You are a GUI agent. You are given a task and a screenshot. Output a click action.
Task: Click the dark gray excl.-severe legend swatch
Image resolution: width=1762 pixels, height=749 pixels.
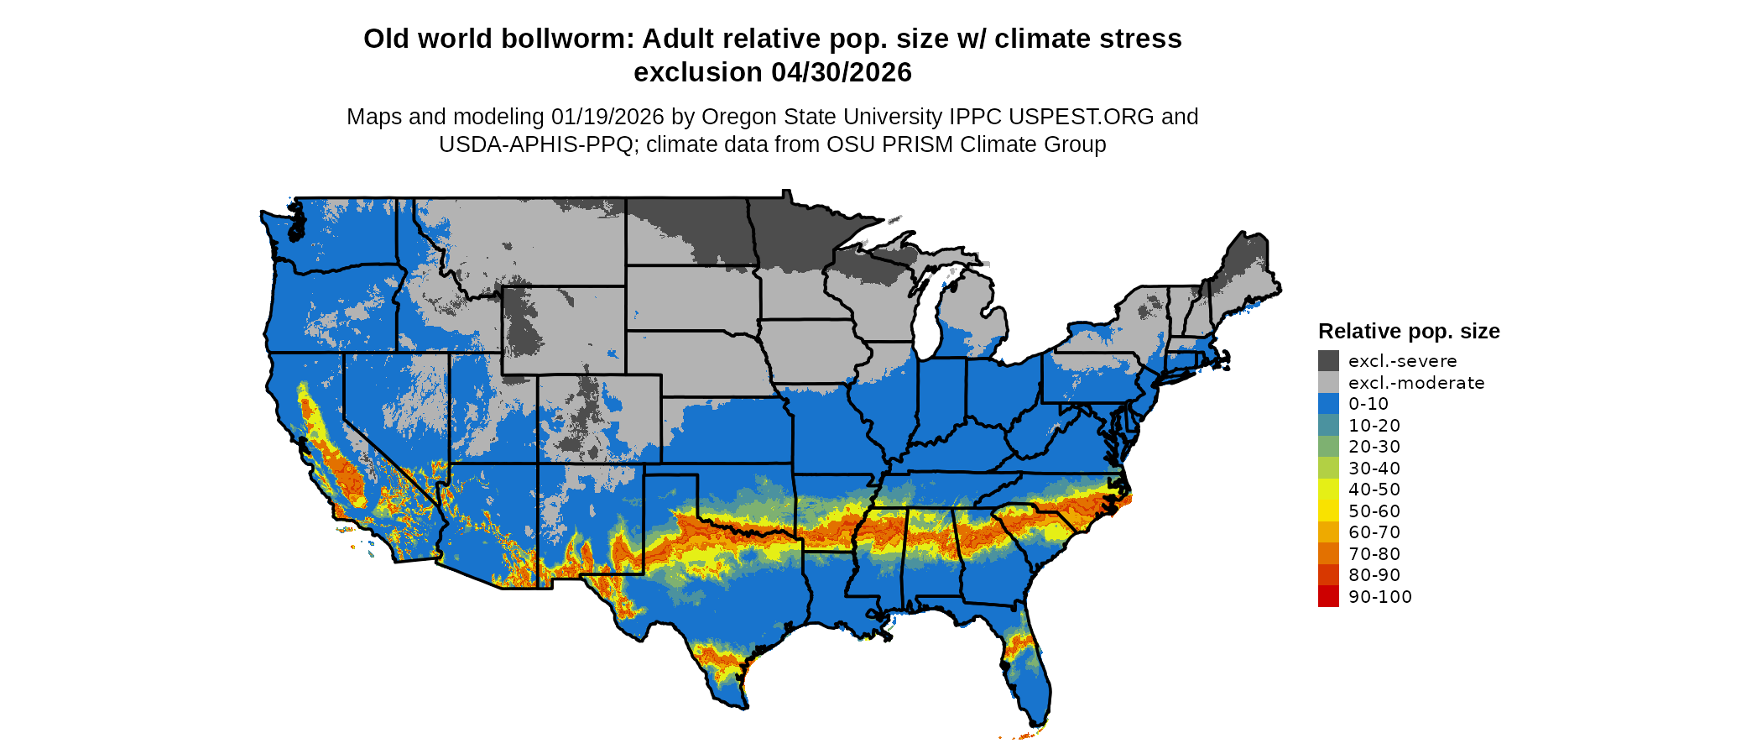1328,361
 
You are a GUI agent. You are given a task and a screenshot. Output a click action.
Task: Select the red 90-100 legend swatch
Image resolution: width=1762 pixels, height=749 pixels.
1328,597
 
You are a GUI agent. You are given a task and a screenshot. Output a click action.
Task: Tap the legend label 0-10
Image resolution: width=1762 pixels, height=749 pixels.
1368,404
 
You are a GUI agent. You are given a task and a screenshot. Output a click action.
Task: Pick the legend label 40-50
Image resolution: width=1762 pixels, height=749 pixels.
1374,490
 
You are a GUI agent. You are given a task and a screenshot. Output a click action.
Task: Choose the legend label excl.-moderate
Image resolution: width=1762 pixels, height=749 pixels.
1416,383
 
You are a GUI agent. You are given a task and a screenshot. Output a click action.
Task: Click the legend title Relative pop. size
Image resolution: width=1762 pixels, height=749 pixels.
1409,331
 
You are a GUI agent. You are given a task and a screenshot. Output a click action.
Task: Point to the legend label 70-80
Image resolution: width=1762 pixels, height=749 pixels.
1374,554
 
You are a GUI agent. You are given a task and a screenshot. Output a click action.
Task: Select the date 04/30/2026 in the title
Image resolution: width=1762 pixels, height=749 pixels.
841,72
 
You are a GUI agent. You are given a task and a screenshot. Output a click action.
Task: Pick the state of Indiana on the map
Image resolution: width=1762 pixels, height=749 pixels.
941,395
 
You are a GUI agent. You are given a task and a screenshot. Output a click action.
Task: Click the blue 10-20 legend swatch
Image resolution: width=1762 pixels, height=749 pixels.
1328,426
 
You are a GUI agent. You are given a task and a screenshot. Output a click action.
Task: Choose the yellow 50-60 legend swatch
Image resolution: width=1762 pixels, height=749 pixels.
1328,511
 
